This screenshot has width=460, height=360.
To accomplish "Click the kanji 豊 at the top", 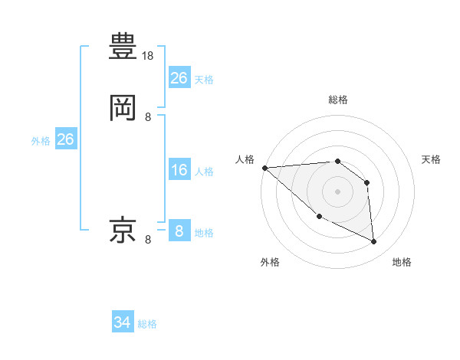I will click(x=123, y=46).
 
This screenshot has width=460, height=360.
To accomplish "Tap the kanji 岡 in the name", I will click(x=123, y=108).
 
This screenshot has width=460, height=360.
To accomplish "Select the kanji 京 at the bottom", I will click(x=123, y=231).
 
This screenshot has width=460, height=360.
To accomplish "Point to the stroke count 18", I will click(x=149, y=56).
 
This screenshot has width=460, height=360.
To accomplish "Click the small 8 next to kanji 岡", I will click(x=148, y=117).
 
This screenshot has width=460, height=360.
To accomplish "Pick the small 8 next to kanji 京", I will click(x=148, y=240).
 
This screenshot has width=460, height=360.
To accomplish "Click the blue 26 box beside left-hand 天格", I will click(x=179, y=78).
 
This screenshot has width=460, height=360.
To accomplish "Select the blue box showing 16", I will click(x=179, y=170).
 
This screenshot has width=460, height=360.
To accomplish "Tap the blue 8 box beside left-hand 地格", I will click(x=179, y=231).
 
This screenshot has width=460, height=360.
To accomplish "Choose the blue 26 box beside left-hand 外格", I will click(x=65, y=139).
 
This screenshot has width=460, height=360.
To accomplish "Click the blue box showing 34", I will click(x=123, y=323).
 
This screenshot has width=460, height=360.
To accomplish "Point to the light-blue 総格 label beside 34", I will click(x=147, y=324).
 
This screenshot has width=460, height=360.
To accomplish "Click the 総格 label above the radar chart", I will click(x=337, y=100).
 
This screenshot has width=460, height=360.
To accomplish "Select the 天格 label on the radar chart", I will click(x=431, y=159).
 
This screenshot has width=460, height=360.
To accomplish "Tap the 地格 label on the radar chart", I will click(x=402, y=262).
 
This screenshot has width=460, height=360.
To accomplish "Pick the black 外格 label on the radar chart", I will click(x=270, y=262).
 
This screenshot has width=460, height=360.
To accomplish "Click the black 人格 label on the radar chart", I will click(x=245, y=159).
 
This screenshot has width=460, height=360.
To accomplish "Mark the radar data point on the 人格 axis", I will click(x=264, y=168).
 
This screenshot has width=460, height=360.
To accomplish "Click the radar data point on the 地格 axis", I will click(x=374, y=242).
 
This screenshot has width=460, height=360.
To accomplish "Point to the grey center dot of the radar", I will click(x=337, y=191).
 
